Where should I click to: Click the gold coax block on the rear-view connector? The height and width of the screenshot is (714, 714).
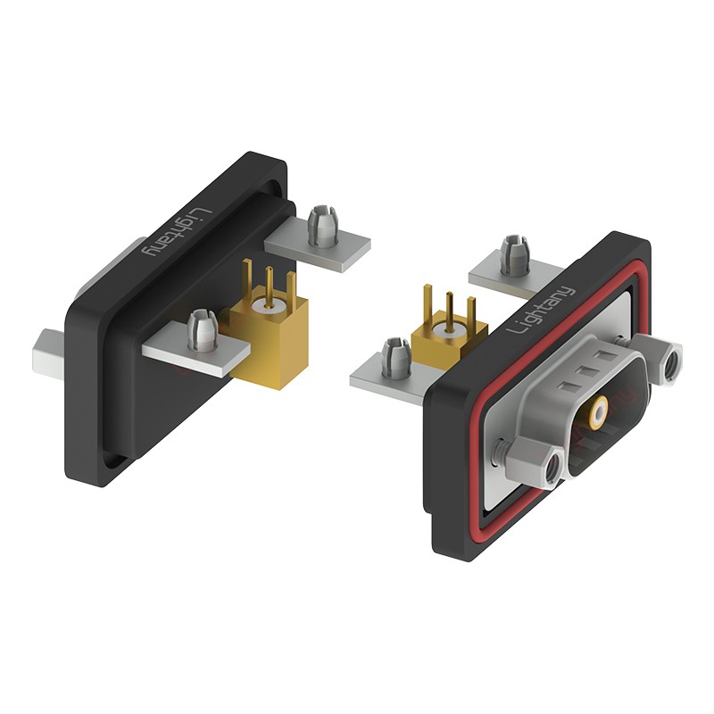270,337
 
